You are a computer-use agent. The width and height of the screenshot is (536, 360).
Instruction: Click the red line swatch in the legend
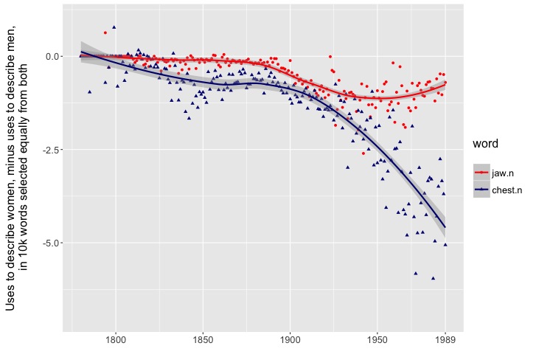click(481, 172)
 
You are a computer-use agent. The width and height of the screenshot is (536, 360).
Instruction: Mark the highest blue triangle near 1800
click(114, 27)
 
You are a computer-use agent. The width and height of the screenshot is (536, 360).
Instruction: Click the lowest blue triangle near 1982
click(433, 278)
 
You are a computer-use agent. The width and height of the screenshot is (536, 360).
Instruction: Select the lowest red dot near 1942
click(363, 153)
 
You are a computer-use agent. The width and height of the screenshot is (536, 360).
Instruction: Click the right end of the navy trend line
click(445, 227)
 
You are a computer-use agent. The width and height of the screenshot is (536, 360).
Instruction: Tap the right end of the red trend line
click(445, 83)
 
